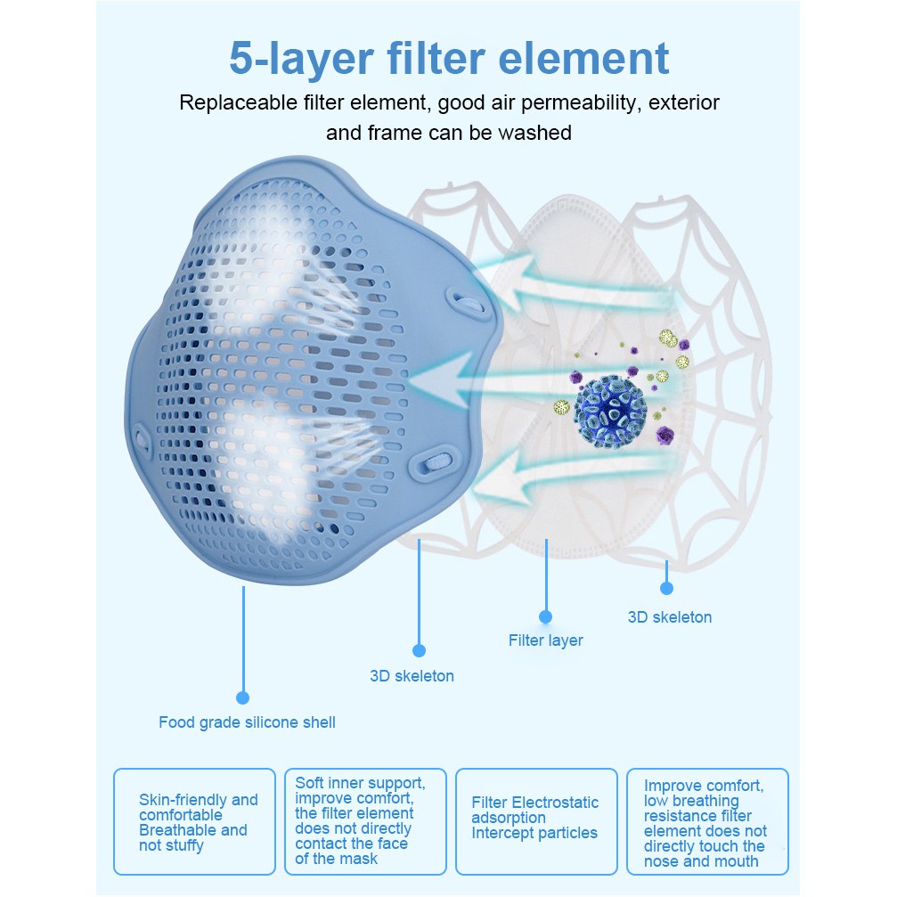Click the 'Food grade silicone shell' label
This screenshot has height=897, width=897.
247,722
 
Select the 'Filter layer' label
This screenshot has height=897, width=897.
545,640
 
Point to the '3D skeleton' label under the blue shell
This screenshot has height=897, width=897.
412,676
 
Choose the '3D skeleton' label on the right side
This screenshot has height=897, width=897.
669,617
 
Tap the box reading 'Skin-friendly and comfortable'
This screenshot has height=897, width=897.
194,821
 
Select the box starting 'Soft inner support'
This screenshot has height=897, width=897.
364,820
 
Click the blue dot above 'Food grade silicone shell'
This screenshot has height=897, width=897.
242,697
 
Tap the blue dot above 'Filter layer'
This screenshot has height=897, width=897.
546,616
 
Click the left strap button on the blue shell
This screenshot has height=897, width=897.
143,439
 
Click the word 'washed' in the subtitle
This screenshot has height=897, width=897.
534,133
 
